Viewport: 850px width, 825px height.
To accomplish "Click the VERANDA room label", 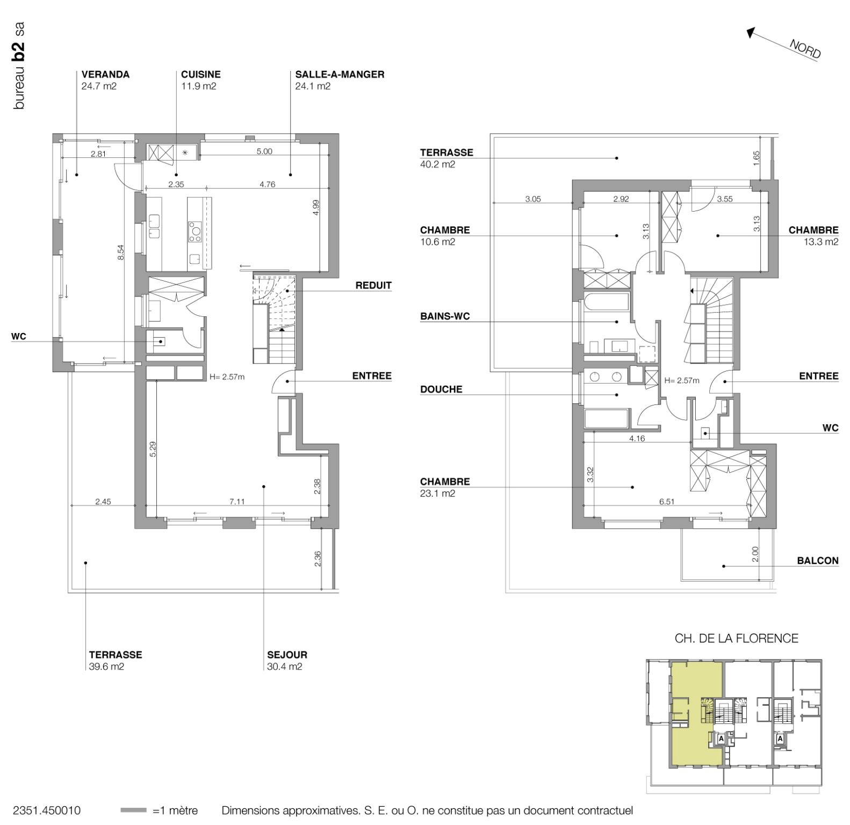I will point(105,75).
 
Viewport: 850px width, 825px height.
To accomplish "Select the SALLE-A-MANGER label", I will point(340,75).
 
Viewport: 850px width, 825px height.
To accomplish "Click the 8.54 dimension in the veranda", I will point(121,252).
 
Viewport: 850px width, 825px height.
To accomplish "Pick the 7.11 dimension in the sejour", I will point(237,502).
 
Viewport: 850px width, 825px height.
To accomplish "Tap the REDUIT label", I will point(373,285).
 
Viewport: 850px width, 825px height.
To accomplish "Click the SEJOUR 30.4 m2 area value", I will point(284,667).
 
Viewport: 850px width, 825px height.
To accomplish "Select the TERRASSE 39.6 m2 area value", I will point(106,667).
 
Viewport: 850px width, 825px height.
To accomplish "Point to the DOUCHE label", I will point(441,389).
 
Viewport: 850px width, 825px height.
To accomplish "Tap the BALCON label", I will point(817,561).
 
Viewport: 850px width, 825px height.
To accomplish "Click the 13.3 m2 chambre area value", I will point(820,242).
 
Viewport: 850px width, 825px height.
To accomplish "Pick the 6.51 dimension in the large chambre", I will point(667,502).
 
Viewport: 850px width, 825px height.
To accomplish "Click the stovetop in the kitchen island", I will point(195,231).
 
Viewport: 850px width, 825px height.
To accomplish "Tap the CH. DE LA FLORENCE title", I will point(736,638).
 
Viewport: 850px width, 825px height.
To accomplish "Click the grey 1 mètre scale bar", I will point(133,810).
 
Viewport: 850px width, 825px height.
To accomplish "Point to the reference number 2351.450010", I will point(47,810).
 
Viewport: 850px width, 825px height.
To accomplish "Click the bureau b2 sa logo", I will point(19,66).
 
